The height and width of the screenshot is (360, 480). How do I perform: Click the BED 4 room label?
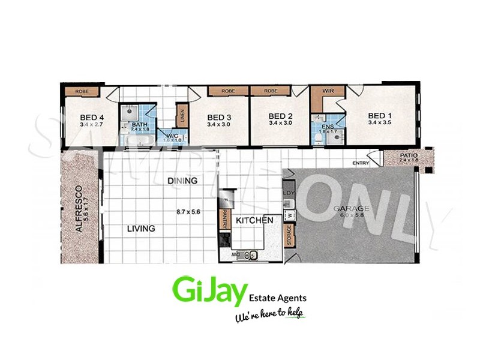[x=92, y=117]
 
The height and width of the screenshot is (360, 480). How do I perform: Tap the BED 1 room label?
[x=379, y=116]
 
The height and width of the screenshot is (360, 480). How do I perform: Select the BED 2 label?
[x=280, y=116]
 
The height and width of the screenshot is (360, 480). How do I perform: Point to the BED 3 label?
[x=219, y=117]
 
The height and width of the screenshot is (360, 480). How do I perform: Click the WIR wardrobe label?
[x=328, y=92]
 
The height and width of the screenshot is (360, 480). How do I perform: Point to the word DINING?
[x=182, y=181]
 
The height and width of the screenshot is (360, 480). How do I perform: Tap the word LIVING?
[x=140, y=229]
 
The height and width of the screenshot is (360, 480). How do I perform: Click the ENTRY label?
[x=361, y=163]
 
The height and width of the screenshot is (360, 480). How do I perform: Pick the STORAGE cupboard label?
[x=288, y=235]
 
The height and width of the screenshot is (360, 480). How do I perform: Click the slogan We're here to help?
[x=269, y=316]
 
